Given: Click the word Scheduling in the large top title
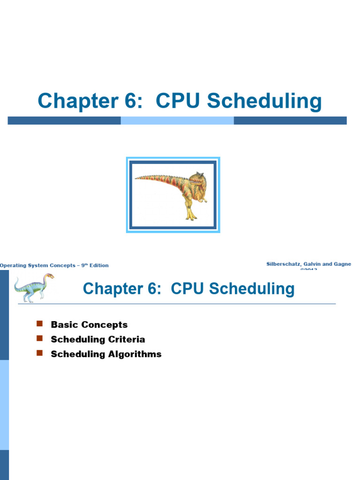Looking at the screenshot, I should click(x=265, y=102).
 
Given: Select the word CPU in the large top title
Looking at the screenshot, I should click(x=178, y=102).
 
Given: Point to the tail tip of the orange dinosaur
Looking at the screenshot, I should click(x=136, y=178).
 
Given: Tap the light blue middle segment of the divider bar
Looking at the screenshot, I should click(x=177, y=120).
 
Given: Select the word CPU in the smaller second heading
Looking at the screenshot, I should click(x=189, y=289).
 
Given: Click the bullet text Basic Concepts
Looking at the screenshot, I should click(x=89, y=325).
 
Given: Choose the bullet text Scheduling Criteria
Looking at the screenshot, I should click(x=98, y=339).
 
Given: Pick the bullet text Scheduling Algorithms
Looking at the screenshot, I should click(x=106, y=354).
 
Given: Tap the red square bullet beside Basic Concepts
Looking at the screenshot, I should click(x=39, y=324).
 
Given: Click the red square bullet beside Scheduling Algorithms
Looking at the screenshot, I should click(x=39, y=353).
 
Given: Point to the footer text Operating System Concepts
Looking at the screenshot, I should click(x=37, y=266).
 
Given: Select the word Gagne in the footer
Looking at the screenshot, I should click(x=341, y=264).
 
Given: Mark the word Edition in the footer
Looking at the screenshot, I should click(x=98, y=266).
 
